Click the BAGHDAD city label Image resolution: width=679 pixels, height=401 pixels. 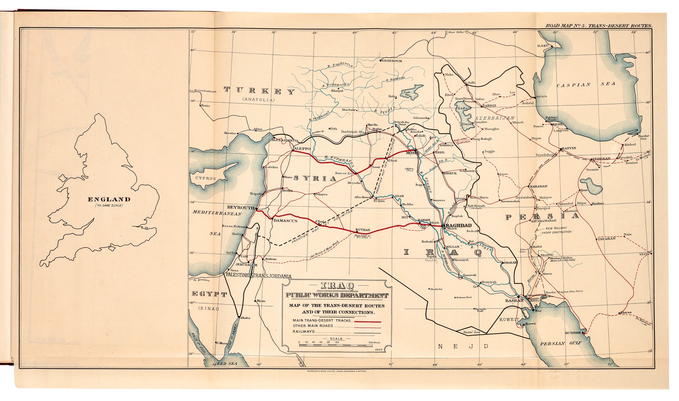point(458,226)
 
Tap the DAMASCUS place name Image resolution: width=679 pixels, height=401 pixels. point(285,221)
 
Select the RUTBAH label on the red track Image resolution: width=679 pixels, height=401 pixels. point(362,230)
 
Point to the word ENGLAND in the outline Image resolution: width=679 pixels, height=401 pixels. point(109,199)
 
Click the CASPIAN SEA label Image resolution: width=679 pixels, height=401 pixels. point(586,84)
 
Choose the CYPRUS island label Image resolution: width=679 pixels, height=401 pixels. point(205,178)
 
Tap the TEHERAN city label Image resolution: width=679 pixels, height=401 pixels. point(601,158)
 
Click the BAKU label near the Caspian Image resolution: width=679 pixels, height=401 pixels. point(543,45)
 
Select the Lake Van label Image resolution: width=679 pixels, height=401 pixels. point(407,94)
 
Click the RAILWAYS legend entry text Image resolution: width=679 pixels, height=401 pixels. point(304,331)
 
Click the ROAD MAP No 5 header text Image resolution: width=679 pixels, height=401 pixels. point(598,26)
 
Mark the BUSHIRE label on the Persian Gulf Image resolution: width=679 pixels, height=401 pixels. point(573,333)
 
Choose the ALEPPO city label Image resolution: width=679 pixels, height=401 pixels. point(302,149)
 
